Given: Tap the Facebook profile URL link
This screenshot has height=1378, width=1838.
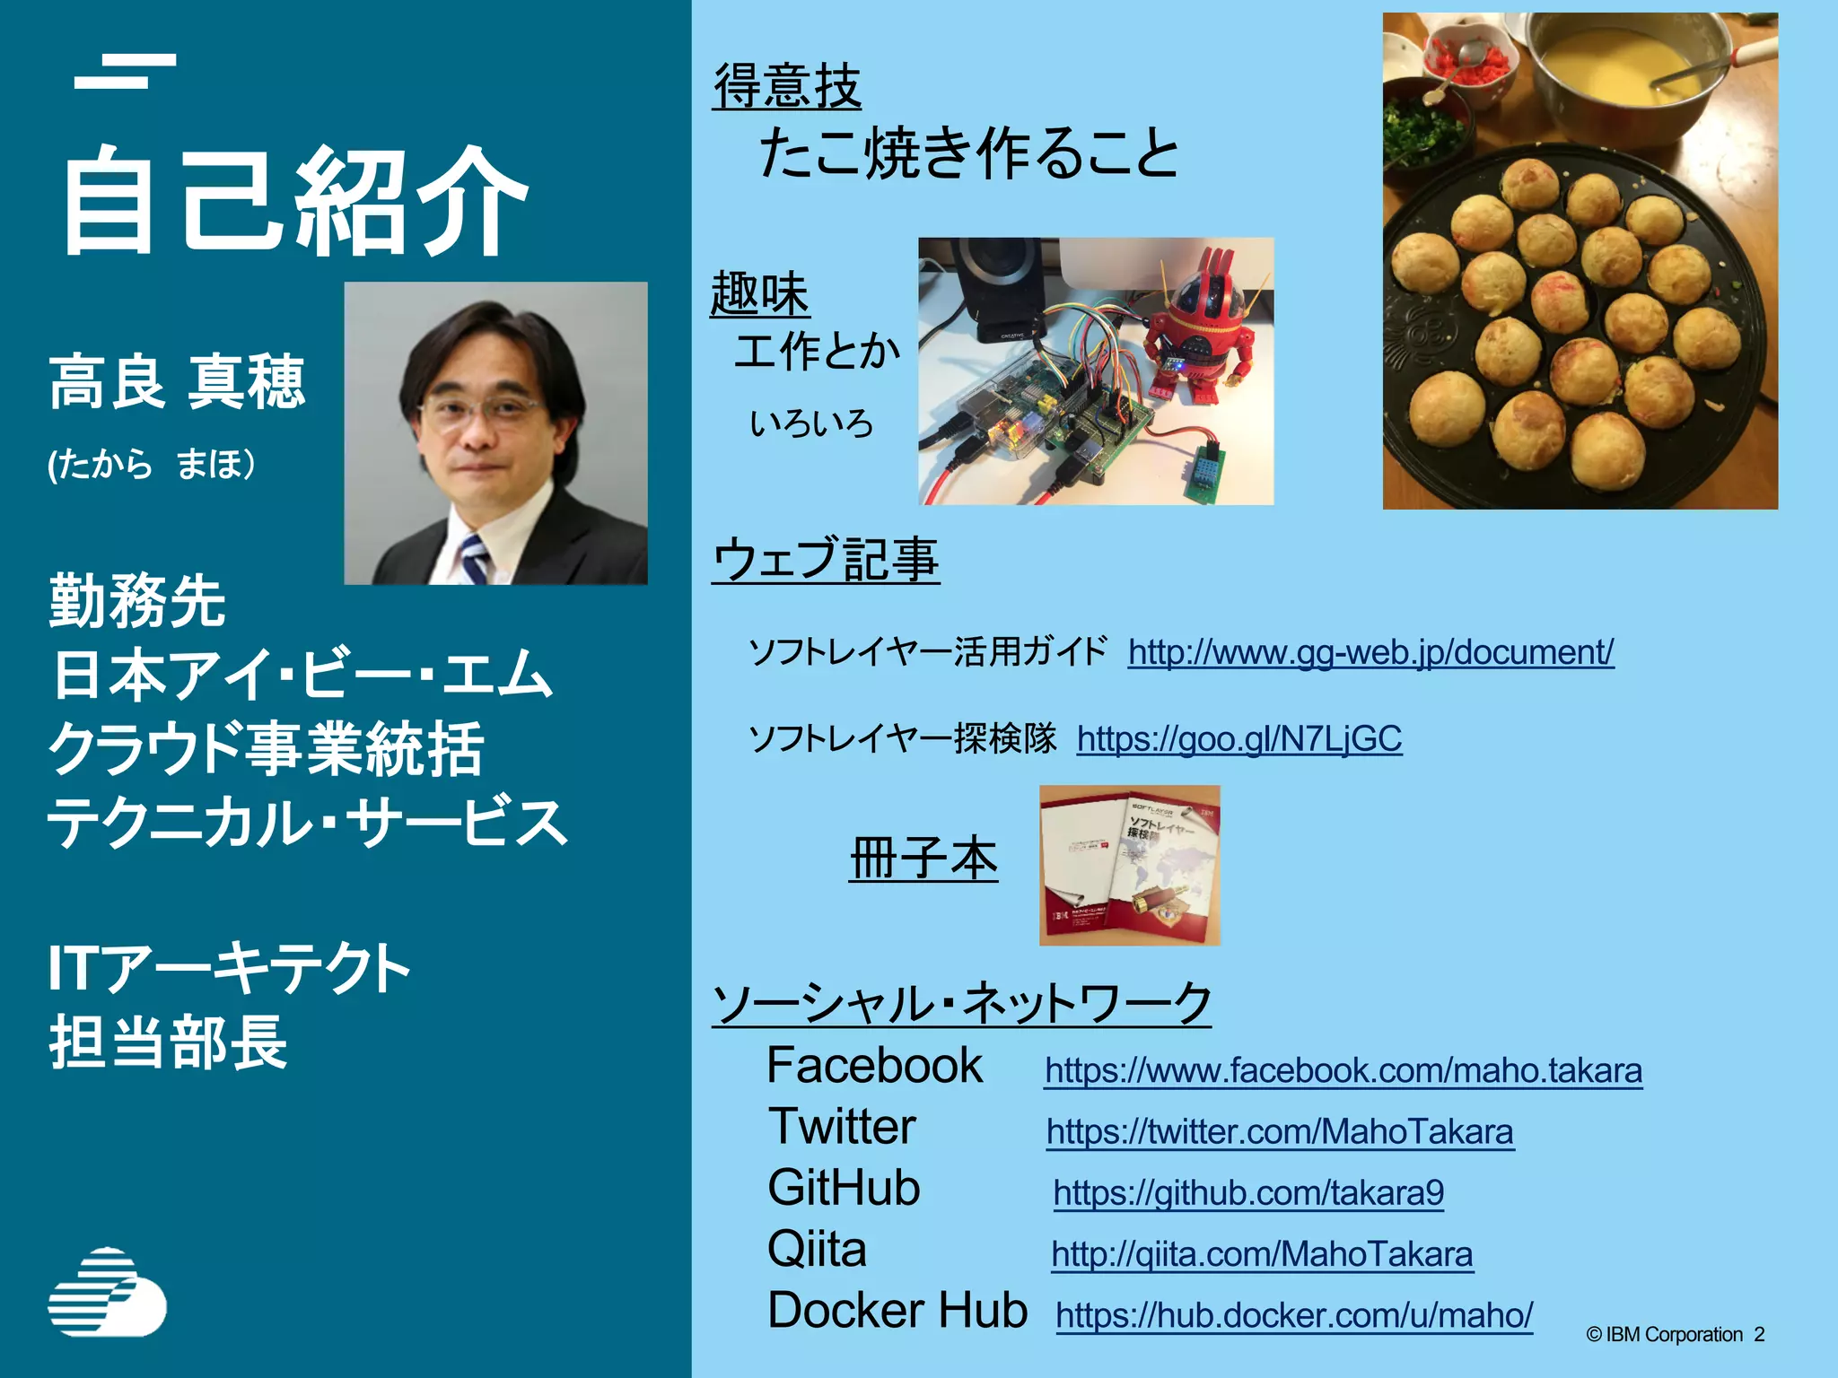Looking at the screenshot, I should [1343, 1070].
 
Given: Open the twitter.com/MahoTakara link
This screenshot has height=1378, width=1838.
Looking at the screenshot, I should [1280, 1131].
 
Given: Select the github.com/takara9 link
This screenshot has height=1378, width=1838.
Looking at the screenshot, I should [1248, 1192].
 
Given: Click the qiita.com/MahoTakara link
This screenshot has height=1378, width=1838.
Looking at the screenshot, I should [1262, 1253].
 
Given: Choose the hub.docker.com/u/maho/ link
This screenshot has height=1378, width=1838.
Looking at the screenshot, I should [1294, 1315].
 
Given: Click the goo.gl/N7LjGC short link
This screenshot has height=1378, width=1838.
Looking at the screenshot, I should [1238, 738].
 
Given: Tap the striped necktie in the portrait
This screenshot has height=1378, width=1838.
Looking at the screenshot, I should [473, 557].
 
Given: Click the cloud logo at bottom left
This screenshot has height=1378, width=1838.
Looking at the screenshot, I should [107, 1291].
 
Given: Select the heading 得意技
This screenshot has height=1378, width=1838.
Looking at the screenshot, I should [787, 87].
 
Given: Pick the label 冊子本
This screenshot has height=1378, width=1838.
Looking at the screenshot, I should [923, 859].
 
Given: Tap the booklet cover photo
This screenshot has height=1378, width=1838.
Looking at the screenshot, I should [1129, 865].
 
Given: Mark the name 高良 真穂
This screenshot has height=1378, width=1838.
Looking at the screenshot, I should [178, 382].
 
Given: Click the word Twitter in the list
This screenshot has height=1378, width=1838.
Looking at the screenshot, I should [842, 1127].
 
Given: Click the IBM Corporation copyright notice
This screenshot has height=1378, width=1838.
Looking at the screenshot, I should [1675, 1334].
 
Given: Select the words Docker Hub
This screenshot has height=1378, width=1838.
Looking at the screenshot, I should [897, 1310].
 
